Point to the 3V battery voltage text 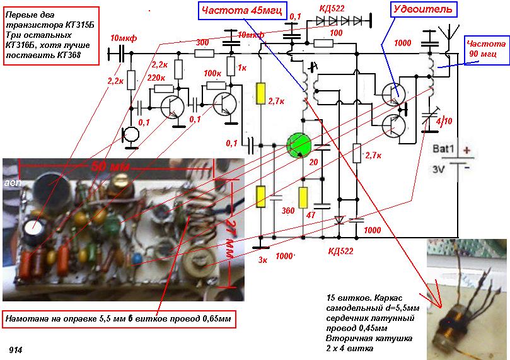point(440,169)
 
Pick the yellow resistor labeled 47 point(303,197)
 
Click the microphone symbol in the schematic point(132,134)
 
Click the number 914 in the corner point(15,348)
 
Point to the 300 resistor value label point(203,42)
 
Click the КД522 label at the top point(332,9)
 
